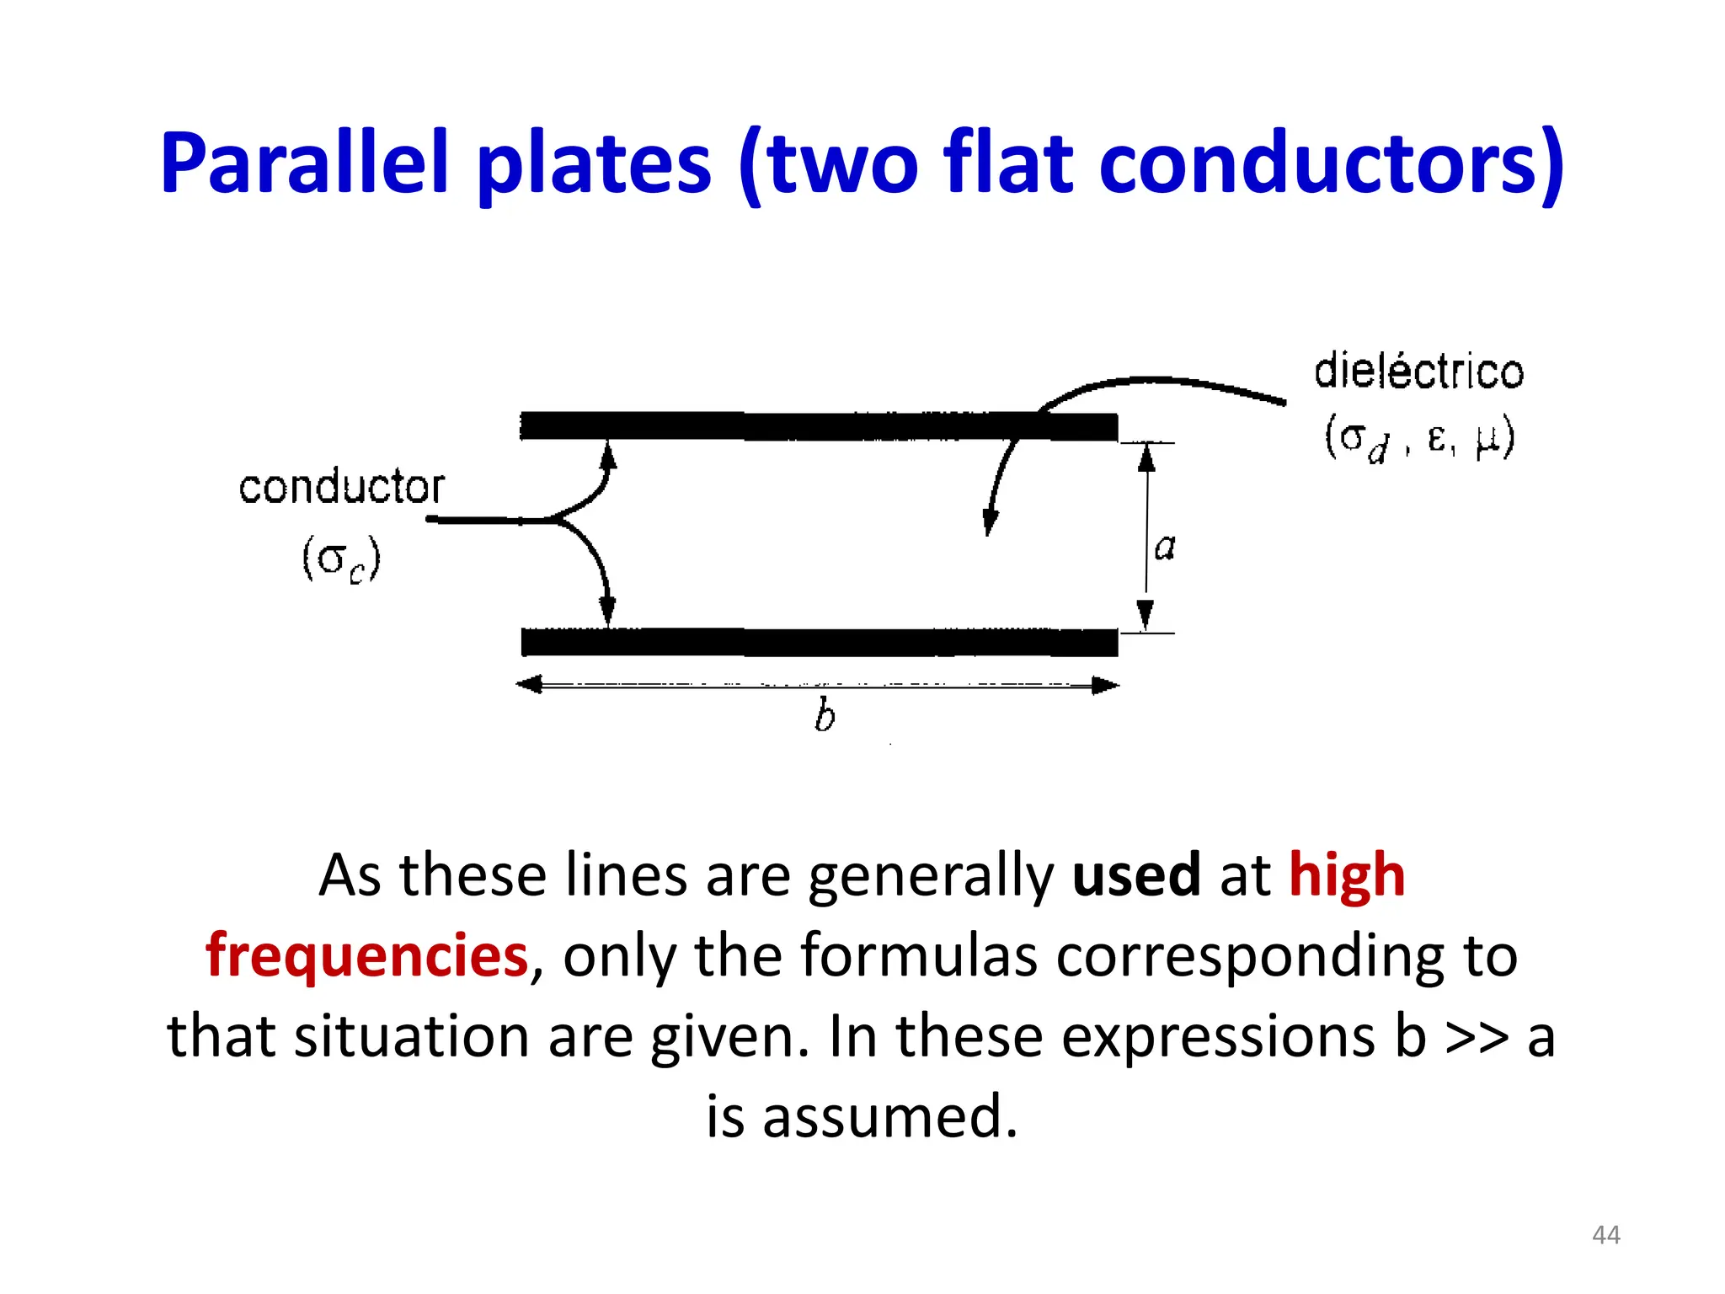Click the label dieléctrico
(1418, 372)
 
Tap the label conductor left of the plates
(341, 487)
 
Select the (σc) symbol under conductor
(341, 559)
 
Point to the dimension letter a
(1164, 548)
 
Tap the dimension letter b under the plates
(825, 716)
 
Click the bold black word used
(1135, 874)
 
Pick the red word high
(1346, 874)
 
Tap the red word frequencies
(366, 955)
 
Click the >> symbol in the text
(1476, 1036)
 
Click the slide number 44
(1605, 1235)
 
